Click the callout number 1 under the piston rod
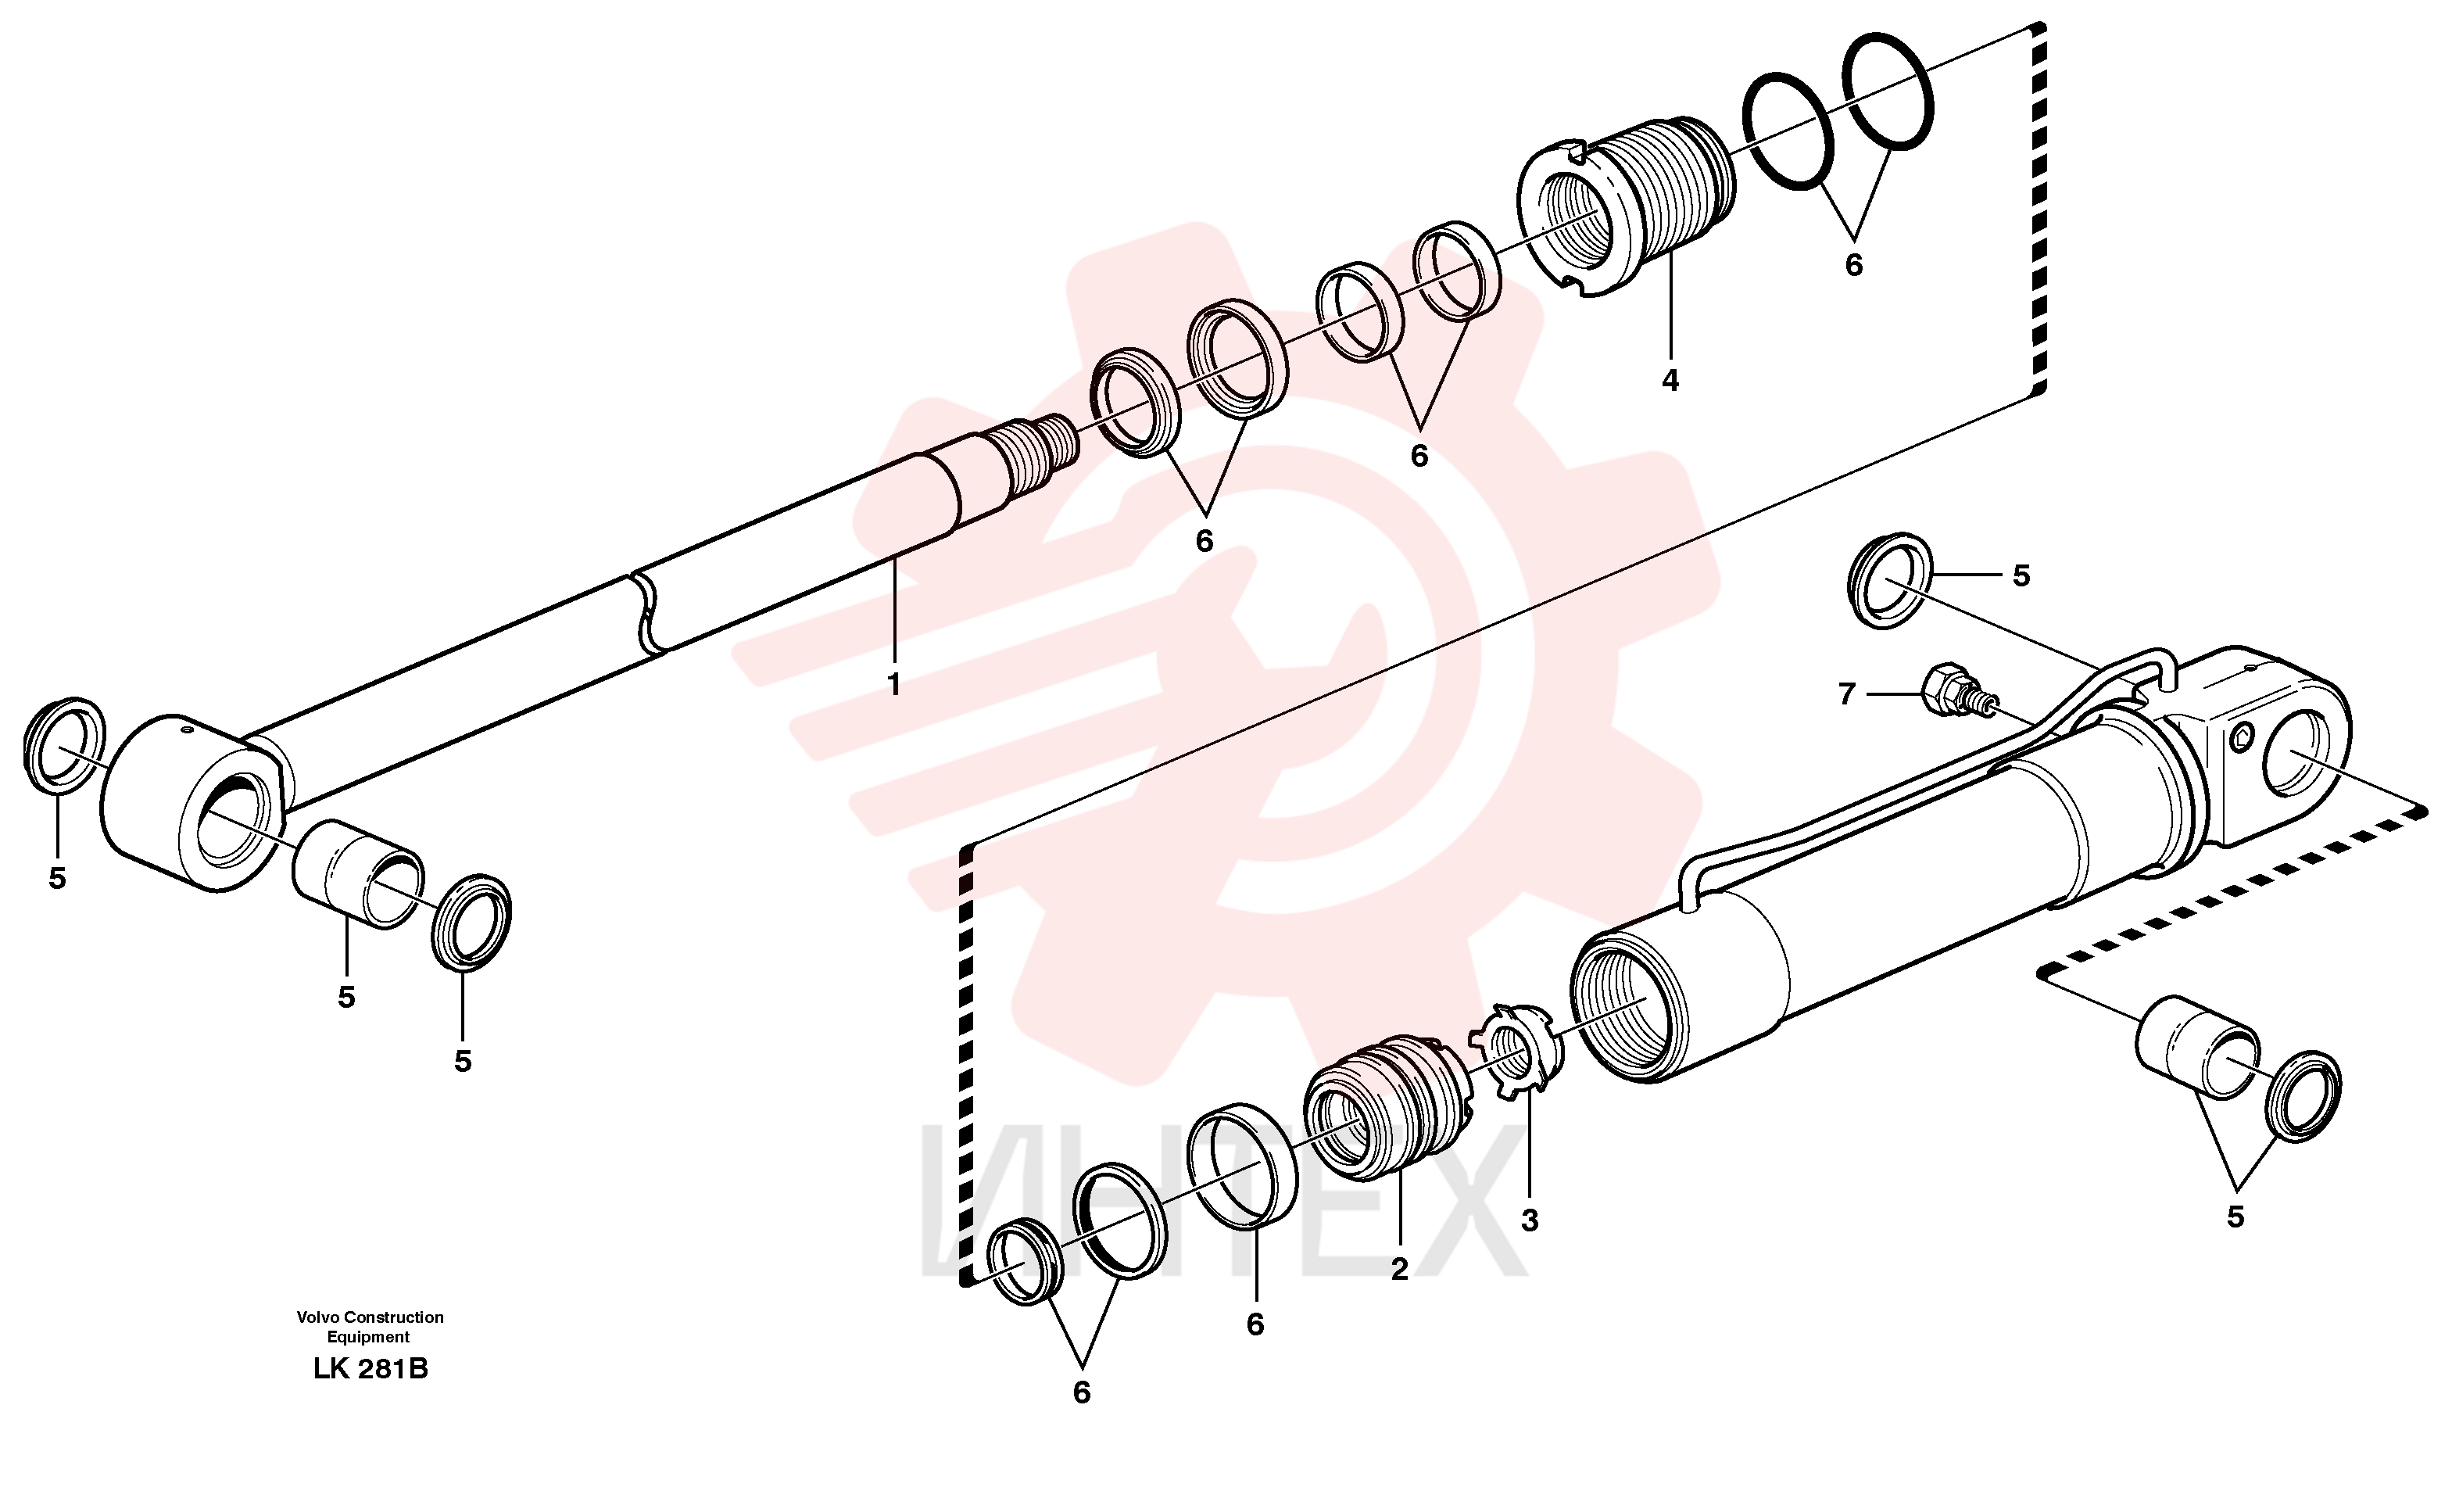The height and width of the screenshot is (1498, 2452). point(893,685)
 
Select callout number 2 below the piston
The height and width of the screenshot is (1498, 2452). point(1399,1270)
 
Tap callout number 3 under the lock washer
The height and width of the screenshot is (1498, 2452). point(1530,1220)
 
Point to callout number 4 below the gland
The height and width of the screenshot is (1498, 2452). point(1670,380)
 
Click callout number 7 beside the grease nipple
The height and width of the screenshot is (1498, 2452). point(1846,693)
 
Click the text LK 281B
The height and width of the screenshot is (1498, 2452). point(370,1368)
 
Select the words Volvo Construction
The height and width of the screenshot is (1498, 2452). point(370,1317)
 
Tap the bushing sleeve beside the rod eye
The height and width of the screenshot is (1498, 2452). point(357,875)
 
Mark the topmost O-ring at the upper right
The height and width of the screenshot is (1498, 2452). point(1888,91)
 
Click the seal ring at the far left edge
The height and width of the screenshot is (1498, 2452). point(63,746)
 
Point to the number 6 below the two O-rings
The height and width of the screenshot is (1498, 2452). point(1853,265)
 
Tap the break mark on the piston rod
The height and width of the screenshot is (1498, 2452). point(648,613)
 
